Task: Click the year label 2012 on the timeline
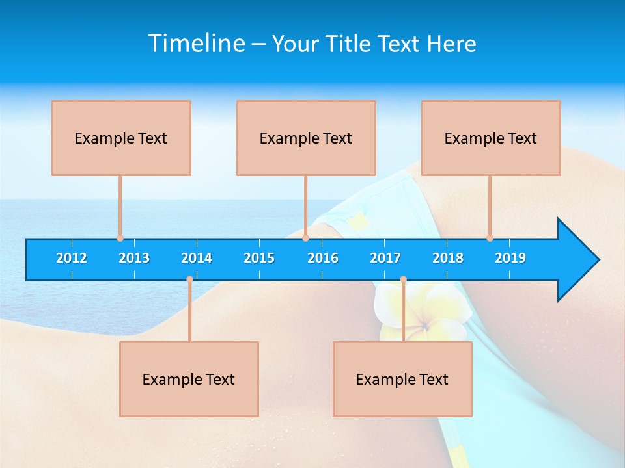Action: pyautogui.click(x=72, y=258)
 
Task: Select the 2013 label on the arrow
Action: pyautogui.click(x=134, y=258)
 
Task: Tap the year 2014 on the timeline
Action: pyautogui.click(x=197, y=258)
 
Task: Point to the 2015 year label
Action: pyautogui.click(x=259, y=258)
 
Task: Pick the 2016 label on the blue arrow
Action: pyautogui.click(x=323, y=258)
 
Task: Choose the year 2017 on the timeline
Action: pyautogui.click(x=385, y=258)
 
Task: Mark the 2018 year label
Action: pyautogui.click(x=448, y=258)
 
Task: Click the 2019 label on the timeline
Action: pyautogui.click(x=510, y=258)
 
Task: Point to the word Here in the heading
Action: pyautogui.click(x=451, y=44)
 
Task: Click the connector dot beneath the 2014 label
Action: pyautogui.click(x=189, y=279)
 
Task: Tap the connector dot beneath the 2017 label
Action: pyautogui.click(x=403, y=279)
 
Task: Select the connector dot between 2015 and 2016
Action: pyautogui.click(x=305, y=238)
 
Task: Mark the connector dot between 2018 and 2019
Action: pyautogui.click(x=490, y=238)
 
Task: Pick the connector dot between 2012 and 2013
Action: pyautogui.click(x=120, y=238)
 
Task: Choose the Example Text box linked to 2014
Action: pyautogui.click(x=189, y=379)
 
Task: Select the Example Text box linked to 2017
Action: pyautogui.click(x=402, y=379)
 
